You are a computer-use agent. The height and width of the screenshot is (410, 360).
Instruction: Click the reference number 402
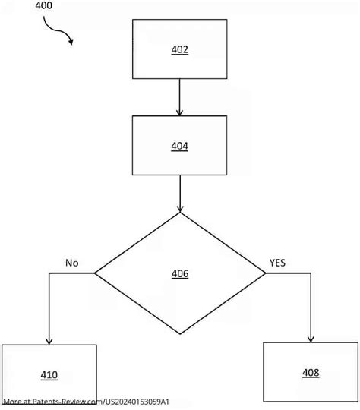(x=179, y=50)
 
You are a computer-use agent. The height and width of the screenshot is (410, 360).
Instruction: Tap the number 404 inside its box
(x=179, y=145)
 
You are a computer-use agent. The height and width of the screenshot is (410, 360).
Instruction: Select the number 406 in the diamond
(x=180, y=273)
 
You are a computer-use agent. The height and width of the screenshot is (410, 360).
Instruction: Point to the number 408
(x=310, y=372)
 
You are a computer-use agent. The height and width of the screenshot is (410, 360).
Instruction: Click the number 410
(x=49, y=374)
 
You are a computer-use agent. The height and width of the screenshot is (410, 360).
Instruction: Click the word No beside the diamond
(x=71, y=263)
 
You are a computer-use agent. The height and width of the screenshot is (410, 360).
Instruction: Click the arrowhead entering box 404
(x=179, y=112)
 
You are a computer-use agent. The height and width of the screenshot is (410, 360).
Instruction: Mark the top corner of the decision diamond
(x=180, y=213)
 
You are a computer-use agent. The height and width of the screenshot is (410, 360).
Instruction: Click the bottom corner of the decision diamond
(x=180, y=333)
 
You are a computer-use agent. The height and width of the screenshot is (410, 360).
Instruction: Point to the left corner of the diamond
(x=93, y=273)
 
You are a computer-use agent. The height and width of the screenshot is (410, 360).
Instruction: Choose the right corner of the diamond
(x=267, y=273)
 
